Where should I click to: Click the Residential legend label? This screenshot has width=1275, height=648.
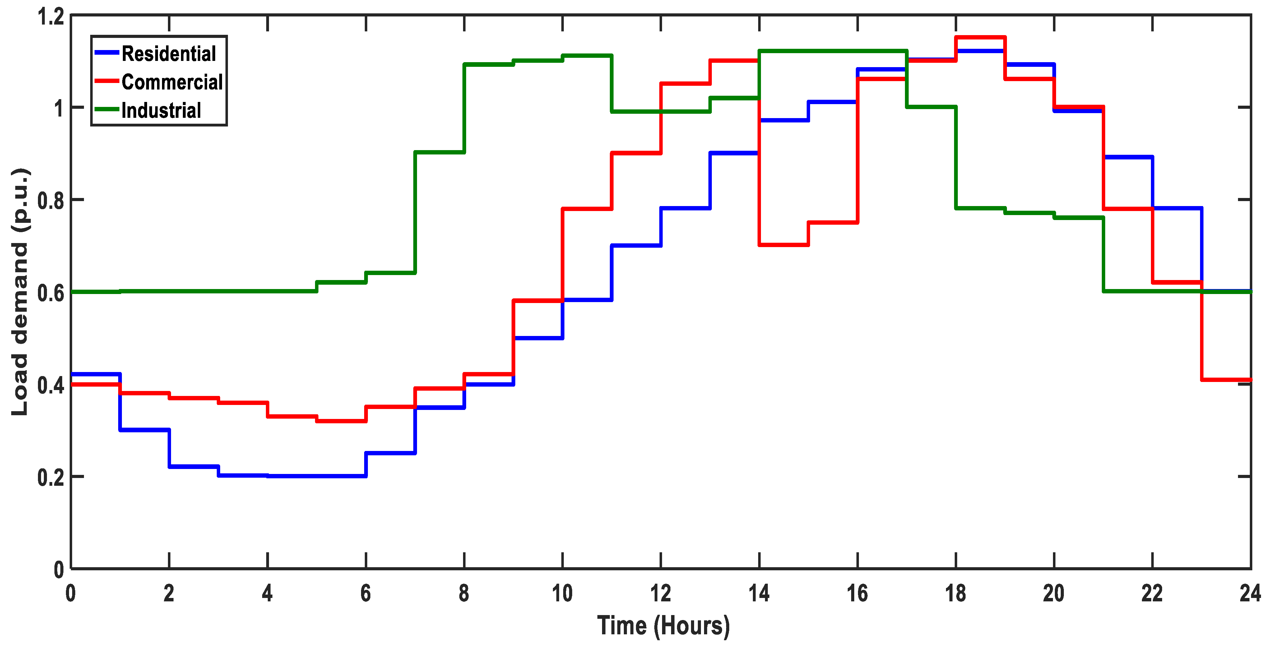(169, 53)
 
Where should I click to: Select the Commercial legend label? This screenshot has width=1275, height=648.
(172, 82)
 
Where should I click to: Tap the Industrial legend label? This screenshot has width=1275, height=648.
(161, 110)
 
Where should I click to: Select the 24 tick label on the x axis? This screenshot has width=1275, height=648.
(1250, 593)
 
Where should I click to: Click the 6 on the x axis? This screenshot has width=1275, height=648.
(366, 593)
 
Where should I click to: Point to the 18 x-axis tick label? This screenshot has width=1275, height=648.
(955, 593)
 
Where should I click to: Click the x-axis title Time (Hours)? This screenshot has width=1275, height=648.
(663, 626)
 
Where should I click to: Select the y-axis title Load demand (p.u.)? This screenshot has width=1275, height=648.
(20, 292)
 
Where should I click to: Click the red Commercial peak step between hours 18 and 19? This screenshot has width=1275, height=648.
(980, 37)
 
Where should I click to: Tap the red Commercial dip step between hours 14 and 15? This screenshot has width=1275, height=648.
(784, 245)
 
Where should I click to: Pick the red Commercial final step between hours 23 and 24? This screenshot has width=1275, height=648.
(1226, 379)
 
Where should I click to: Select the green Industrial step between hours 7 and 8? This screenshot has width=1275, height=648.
(439, 152)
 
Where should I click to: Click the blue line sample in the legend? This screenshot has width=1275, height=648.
(106, 53)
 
